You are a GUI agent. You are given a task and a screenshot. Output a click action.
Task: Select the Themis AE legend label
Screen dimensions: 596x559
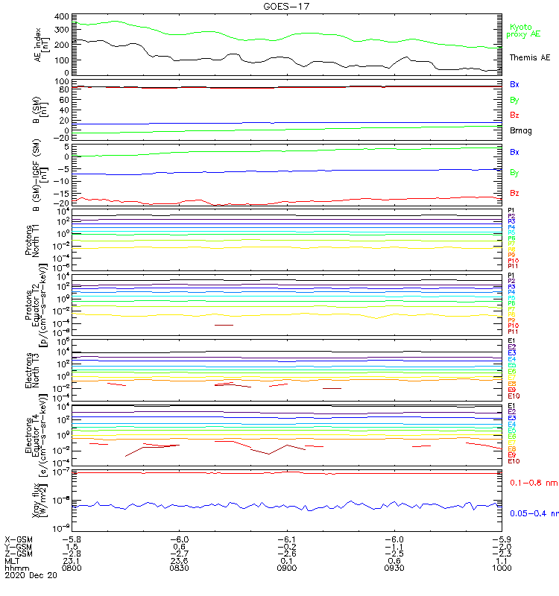tap(530, 57)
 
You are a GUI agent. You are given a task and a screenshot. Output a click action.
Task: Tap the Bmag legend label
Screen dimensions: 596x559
tap(521, 130)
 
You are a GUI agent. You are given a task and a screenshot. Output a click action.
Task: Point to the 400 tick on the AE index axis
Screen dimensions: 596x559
tap(63, 16)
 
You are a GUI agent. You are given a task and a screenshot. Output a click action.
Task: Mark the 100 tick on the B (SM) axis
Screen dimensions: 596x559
tap(63, 81)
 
